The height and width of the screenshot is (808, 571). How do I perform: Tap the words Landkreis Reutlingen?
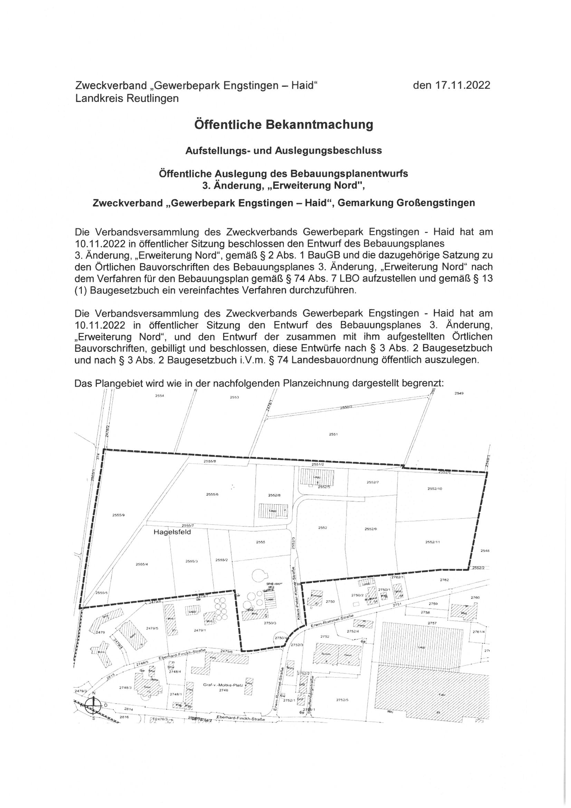click(x=127, y=98)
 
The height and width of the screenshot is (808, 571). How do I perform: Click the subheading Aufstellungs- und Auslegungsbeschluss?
click(x=284, y=151)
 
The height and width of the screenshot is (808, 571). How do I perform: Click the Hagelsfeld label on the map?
click(x=172, y=532)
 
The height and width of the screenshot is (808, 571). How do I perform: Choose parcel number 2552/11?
click(x=433, y=542)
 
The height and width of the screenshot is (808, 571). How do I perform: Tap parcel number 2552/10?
click(x=435, y=489)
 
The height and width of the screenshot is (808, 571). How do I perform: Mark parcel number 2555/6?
click(x=212, y=495)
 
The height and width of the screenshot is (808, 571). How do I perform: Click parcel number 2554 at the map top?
click(x=160, y=396)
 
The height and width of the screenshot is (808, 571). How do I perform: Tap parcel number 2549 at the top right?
click(x=459, y=393)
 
